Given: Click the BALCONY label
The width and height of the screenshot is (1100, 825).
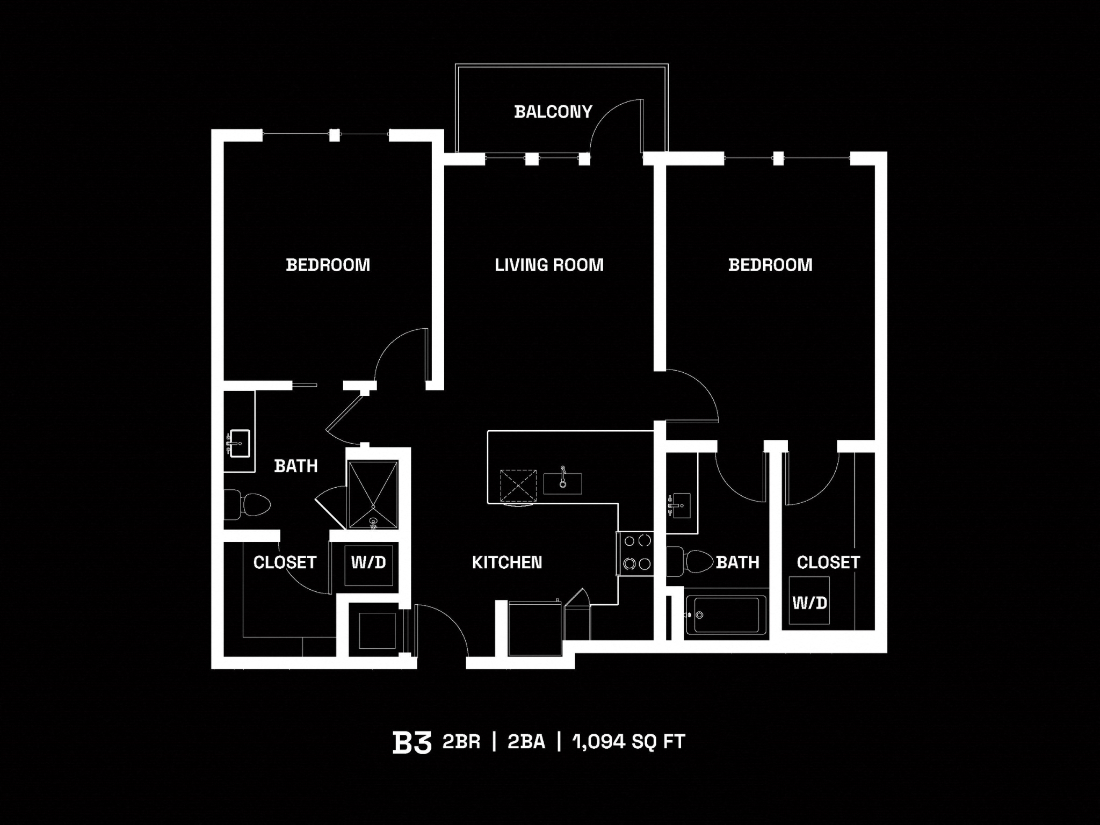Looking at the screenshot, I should coord(553,112).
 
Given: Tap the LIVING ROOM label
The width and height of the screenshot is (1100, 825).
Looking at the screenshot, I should coord(549,265).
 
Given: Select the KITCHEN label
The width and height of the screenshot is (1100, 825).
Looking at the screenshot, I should coord(506,562).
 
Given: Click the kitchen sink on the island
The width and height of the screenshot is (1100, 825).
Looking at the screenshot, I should coord(562,483).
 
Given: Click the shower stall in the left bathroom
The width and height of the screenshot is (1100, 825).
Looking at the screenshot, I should coord(373,494).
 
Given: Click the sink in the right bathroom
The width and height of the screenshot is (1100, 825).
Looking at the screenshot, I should coord(681,505).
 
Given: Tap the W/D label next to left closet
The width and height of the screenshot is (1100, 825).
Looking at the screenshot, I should coord(368,562).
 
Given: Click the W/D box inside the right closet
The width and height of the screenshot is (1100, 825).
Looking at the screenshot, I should coord(809,601).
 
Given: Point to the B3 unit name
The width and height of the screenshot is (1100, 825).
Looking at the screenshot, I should coord(411,742).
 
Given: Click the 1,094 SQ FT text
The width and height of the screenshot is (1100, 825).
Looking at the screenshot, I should coord(628,742).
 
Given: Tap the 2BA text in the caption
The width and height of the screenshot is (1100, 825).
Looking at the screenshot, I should coord(526,742).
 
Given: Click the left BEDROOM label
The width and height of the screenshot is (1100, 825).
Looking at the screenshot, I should coord(328,265).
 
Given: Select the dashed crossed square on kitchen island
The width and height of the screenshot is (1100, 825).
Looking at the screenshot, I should coord(518,486).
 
